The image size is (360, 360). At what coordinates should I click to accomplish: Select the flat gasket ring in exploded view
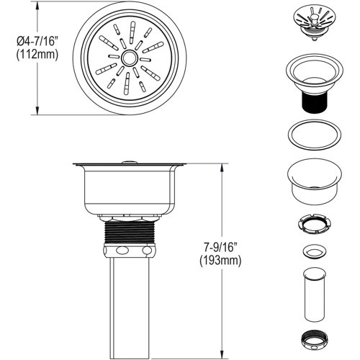coord(315,135)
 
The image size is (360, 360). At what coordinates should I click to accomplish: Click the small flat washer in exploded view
coord(315,252)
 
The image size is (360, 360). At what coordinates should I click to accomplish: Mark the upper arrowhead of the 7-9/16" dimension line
coord(220,164)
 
